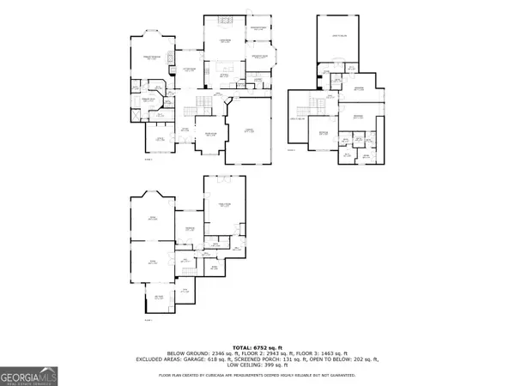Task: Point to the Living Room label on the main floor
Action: pyautogui.click(x=224, y=41)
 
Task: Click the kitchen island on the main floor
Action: pyautogui.click(x=225, y=67)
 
